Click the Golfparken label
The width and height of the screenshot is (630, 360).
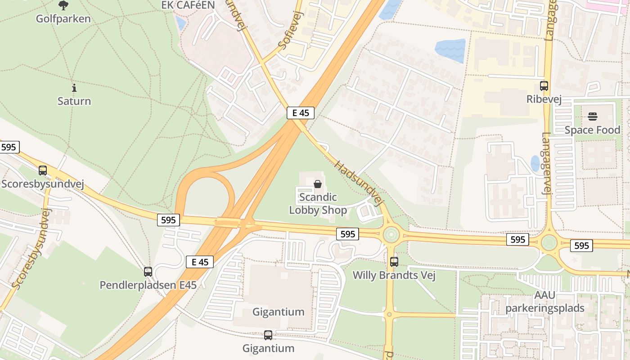point(63,19)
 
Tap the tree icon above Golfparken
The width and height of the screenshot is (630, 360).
point(63,5)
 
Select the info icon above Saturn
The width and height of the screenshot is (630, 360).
point(74,88)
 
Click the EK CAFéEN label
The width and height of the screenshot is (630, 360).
point(188,5)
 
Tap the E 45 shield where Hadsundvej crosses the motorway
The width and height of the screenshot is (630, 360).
point(301,112)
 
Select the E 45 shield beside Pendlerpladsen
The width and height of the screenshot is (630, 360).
point(200,262)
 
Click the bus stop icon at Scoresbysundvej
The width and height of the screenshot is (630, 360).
point(43,171)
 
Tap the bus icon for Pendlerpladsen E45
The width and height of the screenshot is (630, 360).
point(148,272)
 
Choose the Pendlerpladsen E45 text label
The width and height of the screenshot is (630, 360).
point(148,285)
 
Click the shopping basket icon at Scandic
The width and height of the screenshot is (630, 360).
point(318,184)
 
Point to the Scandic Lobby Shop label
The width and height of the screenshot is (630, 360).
point(318,204)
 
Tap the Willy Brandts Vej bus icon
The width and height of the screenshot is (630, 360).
point(394,261)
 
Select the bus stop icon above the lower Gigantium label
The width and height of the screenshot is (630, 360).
point(268,335)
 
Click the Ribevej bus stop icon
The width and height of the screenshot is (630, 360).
point(544,85)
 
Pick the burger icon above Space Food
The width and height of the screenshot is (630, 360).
point(592,117)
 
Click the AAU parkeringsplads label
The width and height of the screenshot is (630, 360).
point(544,302)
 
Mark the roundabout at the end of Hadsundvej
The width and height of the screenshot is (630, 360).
point(390,234)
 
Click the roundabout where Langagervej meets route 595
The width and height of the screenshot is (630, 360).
point(549,243)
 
